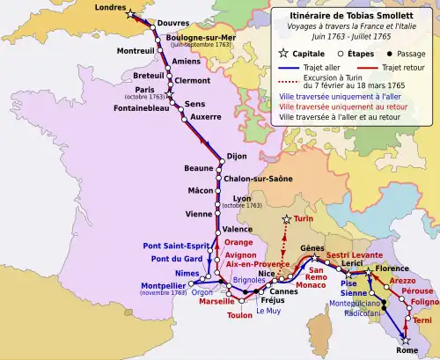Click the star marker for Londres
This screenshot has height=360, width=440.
131,15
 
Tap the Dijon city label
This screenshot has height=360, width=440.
237,157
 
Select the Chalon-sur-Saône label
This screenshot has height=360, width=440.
259,178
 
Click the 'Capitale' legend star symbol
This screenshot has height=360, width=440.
282,54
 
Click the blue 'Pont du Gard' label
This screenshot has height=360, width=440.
170,259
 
